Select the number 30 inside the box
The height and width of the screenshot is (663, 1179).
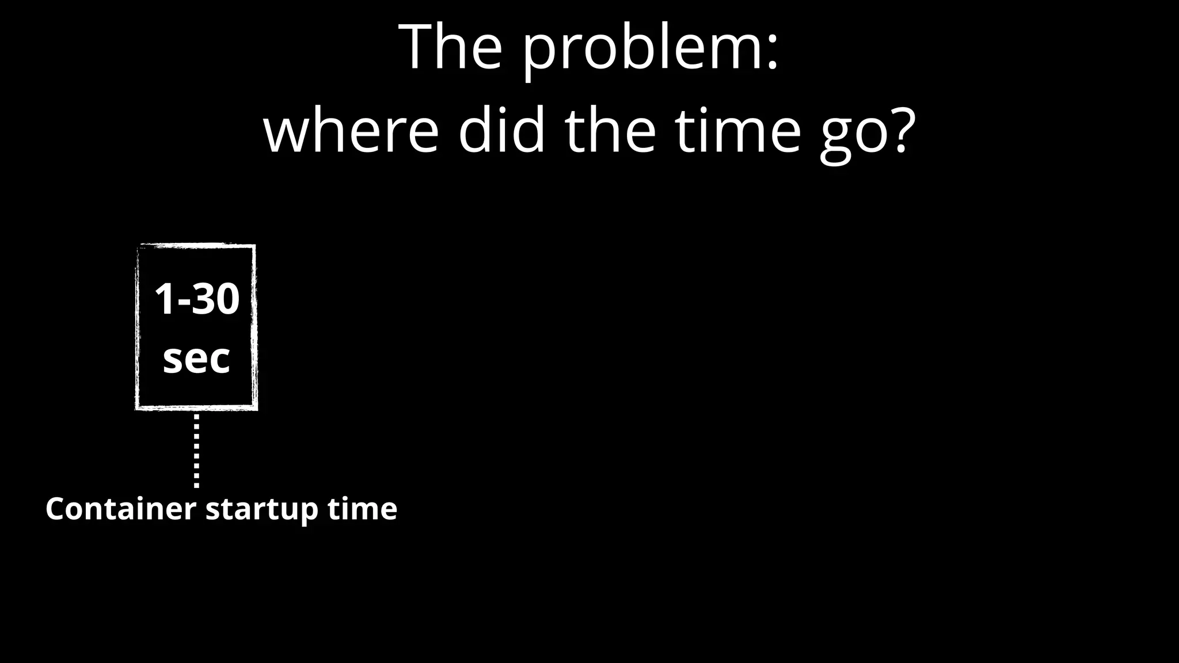point(215,299)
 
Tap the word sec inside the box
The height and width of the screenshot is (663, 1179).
point(196,359)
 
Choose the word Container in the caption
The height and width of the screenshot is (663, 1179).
point(120,509)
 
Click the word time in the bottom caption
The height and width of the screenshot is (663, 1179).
point(362,509)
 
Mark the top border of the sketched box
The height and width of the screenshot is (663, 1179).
point(196,246)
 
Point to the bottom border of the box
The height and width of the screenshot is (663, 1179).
point(196,407)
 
